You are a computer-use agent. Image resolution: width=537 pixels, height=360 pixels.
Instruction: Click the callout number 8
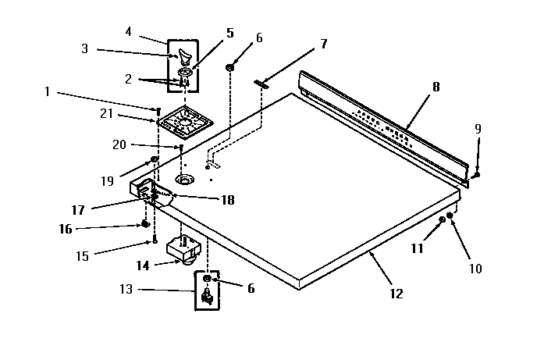(436, 87)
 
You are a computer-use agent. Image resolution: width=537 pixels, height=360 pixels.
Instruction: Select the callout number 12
(396, 294)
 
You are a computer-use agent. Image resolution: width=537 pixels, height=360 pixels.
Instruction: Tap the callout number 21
(107, 114)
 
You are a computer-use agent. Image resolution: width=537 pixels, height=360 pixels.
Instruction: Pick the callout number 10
(475, 269)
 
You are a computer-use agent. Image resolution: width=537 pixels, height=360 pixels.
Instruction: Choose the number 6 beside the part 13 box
(251, 288)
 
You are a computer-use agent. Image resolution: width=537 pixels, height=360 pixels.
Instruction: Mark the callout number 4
(128, 32)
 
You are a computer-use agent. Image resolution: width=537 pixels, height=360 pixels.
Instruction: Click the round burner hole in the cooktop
(185, 180)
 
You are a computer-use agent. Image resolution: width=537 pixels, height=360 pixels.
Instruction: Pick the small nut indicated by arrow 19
(155, 160)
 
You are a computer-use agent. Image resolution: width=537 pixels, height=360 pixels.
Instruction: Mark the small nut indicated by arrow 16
(145, 224)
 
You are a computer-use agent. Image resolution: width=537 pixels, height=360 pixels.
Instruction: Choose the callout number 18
(227, 200)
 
